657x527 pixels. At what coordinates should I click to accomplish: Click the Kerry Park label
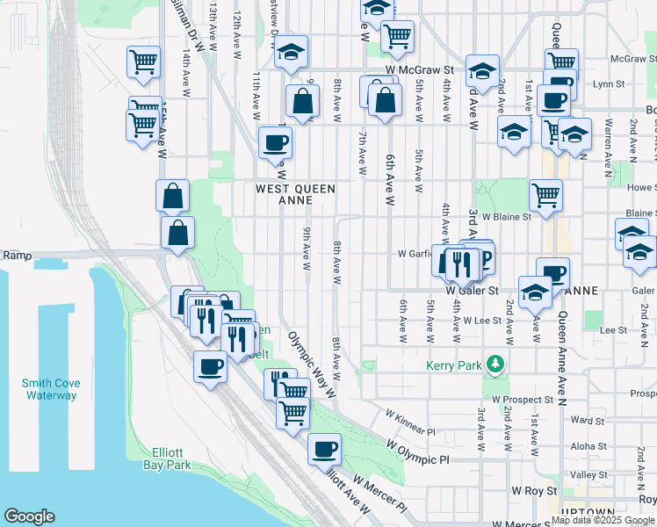(451, 365)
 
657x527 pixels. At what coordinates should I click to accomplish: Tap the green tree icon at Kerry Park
(496, 364)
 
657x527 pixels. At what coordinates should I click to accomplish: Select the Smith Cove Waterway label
(50, 389)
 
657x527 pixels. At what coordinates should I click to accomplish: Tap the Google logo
(29, 516)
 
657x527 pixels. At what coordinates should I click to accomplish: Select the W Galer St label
(472, 290)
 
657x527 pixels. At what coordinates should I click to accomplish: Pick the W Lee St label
(482, 321)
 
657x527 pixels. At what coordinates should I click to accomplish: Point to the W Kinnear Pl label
(408, 421)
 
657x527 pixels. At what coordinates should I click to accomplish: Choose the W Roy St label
(535, 490)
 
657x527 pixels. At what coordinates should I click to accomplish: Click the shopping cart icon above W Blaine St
(545, 193)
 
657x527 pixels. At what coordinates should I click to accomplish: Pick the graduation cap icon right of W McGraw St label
(482, 69)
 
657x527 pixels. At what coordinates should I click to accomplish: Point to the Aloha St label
(582, 446)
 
